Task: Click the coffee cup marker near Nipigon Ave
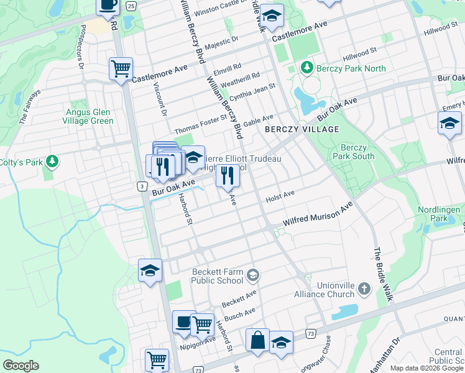click(x=184, y=322)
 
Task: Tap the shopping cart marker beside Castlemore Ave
click(x=121, y=69)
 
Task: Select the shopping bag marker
click(x=257, y=341)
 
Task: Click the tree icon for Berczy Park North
click(x=306, y=67)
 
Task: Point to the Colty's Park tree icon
click(x=52, y=162)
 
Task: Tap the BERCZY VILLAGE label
click(x=302, y=129)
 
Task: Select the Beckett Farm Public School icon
click(x=252, y=274)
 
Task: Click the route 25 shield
click(x=131, y=6)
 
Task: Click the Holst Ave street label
click(x=280, y=196)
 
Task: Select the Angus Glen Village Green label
click(x=90, y=116)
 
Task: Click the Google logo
click(x=20, y=366)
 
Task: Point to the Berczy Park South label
click(x=354, y=152)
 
